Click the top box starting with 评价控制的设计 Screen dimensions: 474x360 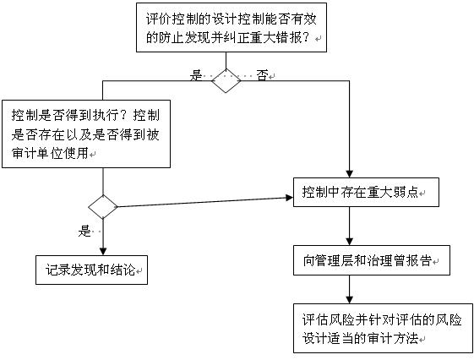click(x=232, y=28)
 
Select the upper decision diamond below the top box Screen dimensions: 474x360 click(x=226, y=81)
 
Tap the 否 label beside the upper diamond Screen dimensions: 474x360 click(x=262, y=75)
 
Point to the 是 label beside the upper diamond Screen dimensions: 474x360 click(x=195, y=75)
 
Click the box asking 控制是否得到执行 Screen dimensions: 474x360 click(x=86, y=134)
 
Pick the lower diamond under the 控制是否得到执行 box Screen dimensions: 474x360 click(x=103, y=207)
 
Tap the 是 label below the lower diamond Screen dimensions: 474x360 click(x=84, y=232)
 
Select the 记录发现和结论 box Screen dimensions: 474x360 click(x=91, y=270)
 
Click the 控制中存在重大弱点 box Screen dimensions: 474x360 click(x=366, y=192)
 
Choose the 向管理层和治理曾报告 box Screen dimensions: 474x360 click(x=372, y=260)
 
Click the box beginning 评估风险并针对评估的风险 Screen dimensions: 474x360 click(x=383, y=328)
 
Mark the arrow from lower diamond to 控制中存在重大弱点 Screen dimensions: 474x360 click(x=205, y=202)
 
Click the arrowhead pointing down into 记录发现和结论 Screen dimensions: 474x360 click(x=103, y=252)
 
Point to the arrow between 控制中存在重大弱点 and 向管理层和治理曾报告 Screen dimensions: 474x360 click(x=350, y=226)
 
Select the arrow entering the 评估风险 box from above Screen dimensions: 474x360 click(x=350, y=289)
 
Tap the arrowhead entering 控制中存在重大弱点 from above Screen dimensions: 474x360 click(x=350, y=174)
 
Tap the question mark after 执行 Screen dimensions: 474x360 click(x=125, y=115)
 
